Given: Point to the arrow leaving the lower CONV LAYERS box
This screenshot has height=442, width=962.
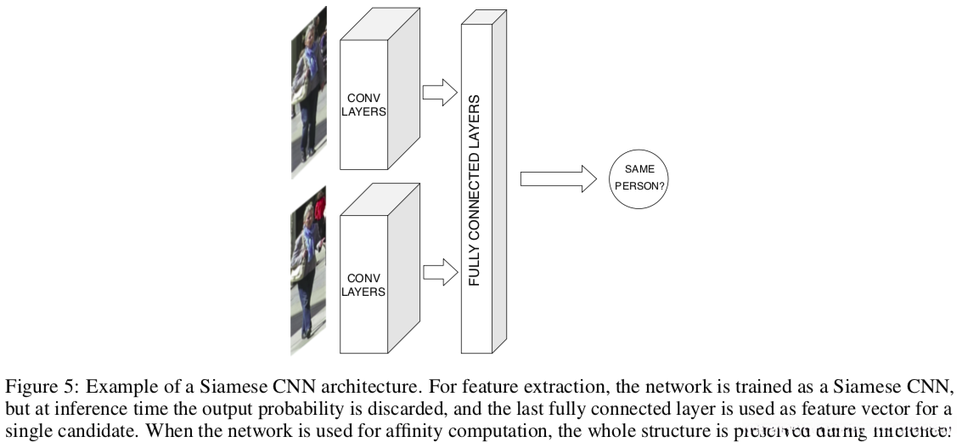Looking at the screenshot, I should coord(439,273).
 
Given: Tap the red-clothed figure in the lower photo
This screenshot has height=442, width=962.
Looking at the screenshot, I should coord(320,209).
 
